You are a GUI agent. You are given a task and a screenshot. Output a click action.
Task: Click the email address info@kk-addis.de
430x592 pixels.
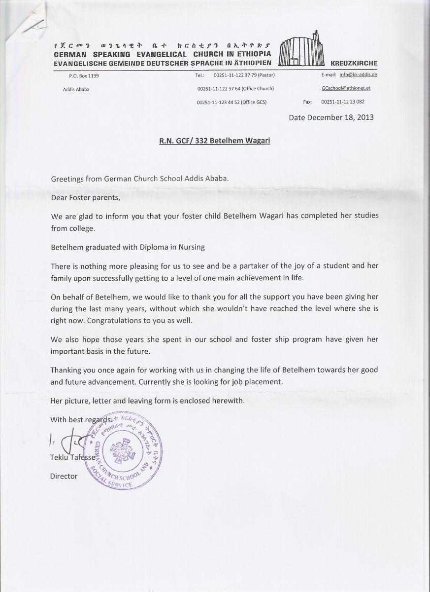click(x=358, y=75)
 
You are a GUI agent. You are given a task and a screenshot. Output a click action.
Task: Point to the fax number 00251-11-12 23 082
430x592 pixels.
click(x=343, y=102)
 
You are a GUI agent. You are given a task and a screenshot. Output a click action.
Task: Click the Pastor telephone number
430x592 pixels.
click(x=243, y=75)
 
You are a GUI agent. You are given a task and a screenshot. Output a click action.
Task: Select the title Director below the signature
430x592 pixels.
click(x=64, y=476)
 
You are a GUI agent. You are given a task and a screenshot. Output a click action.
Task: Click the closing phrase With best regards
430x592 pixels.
click(x=77, y=419)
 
